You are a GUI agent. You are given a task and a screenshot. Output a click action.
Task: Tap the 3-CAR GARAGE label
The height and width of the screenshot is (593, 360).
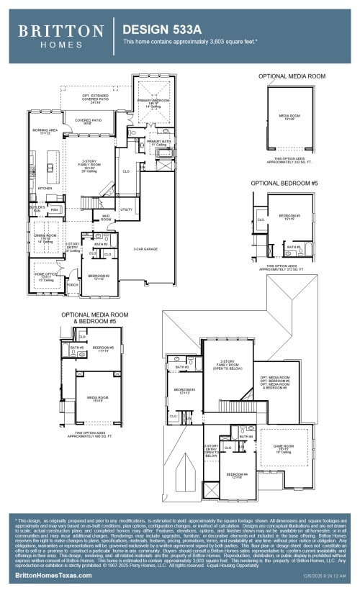145,249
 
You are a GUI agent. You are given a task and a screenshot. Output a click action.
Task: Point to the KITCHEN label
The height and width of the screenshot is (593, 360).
45,189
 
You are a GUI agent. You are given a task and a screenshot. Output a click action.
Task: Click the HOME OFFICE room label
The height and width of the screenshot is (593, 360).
45,275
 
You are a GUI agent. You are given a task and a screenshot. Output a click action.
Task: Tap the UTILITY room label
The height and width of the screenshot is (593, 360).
127,209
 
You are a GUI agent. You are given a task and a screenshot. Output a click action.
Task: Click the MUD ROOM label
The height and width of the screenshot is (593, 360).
106,216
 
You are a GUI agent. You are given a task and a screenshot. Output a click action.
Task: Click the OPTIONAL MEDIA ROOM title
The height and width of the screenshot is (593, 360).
291,76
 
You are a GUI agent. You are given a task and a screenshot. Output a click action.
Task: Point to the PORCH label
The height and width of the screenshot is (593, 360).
72,284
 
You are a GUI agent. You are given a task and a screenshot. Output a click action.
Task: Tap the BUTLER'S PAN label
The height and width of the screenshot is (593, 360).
38,209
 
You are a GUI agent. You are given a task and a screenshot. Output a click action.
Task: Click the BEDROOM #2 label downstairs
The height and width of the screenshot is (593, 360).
98,276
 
